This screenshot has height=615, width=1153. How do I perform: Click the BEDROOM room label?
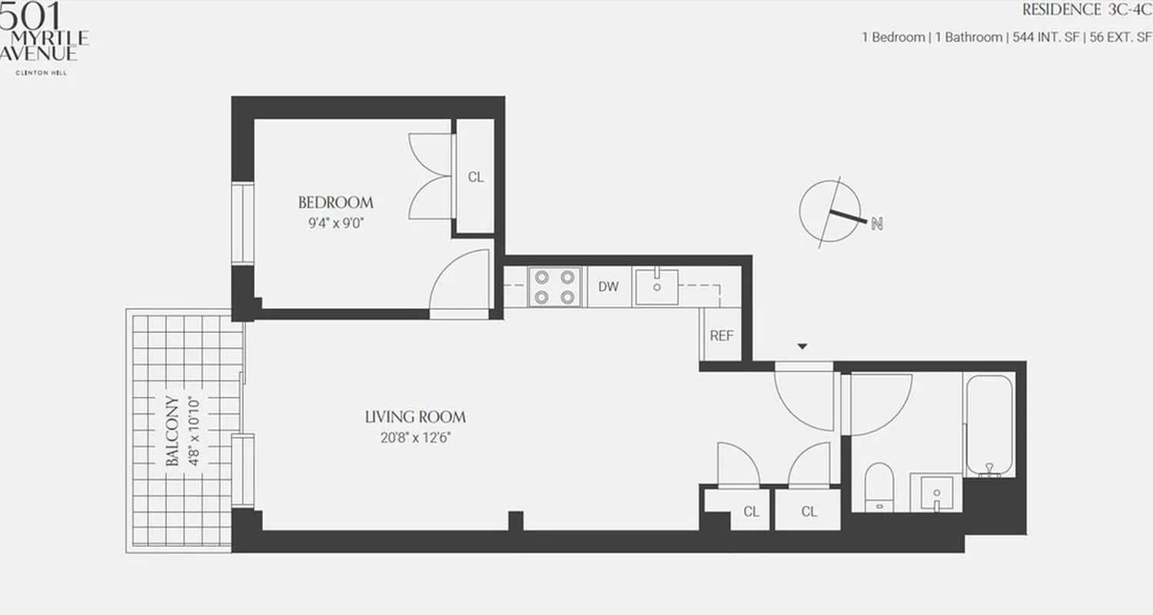pos(335,203)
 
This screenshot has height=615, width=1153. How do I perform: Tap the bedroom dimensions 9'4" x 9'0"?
pos(335,224)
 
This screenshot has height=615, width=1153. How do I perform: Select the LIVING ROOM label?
pos(415,417)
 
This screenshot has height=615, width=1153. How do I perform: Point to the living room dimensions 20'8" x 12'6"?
pos(415,439)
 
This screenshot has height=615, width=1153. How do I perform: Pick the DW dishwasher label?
pos(608,287)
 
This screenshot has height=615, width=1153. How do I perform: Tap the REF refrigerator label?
pos(721,336)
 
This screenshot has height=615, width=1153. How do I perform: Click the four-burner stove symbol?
pos(554,287)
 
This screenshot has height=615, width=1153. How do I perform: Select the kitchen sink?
pos(656,286)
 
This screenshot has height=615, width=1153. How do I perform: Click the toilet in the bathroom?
pos(877,486)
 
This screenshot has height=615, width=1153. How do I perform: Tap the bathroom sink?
pos(935,492)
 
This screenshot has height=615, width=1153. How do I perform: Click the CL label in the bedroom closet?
pos(476,177)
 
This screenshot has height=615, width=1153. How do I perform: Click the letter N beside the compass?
pos(876,224)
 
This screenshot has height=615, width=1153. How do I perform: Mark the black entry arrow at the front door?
pos(802,347)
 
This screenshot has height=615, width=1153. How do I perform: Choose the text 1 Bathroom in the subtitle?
pos(968,37)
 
